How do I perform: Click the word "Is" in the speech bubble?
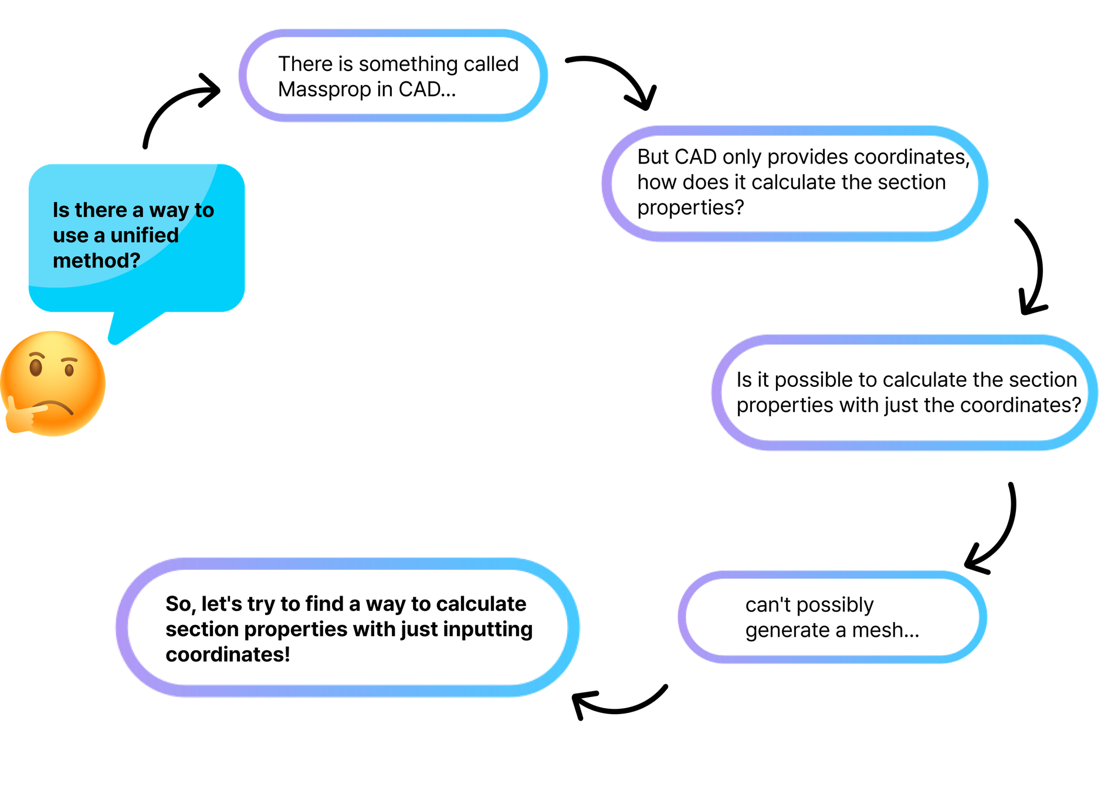[60, 210]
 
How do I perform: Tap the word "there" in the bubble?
[101, 210]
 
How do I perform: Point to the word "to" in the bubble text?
[204, 210]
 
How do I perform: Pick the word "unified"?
[144, 235]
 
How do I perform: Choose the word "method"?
[90, 260]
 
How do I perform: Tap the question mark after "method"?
[135, 260]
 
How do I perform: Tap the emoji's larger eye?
[36, 368]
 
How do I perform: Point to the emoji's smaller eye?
[69, 370]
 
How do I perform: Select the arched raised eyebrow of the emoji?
[37, 355]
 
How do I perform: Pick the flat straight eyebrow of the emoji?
[70, 359]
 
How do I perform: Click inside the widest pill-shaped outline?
[347, 627]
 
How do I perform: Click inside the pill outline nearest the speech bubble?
[393, 75]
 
